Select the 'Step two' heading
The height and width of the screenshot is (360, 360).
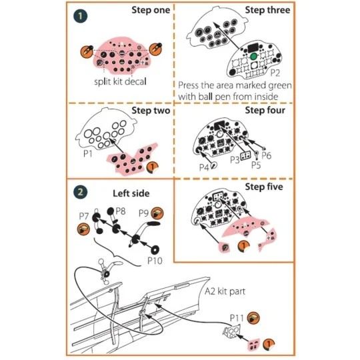tap(150, 111)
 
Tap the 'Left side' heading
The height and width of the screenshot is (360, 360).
tap(131, 194)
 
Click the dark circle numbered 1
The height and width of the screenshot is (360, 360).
tap(79, 14)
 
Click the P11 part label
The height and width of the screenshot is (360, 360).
tap(238, 317)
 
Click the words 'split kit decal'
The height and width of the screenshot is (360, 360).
tap(120, 82)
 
